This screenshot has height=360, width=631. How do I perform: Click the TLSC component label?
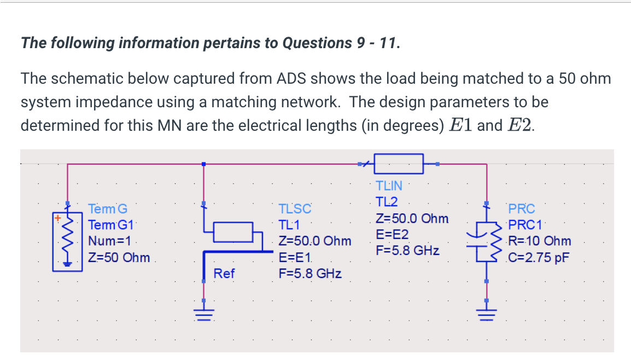coord(295,208)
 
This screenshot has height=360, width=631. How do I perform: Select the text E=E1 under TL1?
coord(295,257)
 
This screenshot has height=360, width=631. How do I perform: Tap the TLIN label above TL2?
coord(388,187)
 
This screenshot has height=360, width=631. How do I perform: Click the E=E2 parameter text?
coord(392,235)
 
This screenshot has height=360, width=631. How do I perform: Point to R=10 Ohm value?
coord(540,241)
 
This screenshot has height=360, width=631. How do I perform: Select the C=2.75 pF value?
coord(539,257)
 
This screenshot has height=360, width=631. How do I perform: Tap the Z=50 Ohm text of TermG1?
coord(119,257)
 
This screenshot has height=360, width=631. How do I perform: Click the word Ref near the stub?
coord(224,273)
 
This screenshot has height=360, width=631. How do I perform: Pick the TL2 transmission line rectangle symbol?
coord(399,163)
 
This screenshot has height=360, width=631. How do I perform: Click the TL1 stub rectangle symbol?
coord(233,231)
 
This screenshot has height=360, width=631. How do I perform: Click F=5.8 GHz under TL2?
coord(407,251)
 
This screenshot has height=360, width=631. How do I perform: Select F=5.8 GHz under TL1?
coord(310,273)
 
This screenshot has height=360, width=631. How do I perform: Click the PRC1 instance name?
coord(524,224)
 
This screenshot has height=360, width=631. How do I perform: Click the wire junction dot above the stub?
coord(203,164)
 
